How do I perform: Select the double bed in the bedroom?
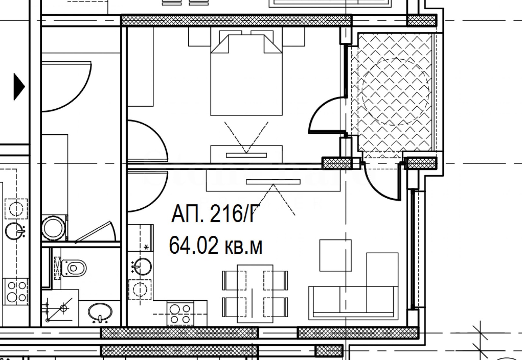point(246,75)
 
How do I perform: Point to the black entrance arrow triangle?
point(19,87)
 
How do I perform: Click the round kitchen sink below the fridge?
point(141,267)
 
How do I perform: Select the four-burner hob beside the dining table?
point(180,313)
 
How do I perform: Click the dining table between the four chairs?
point(255,294)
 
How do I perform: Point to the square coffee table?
point(335,255)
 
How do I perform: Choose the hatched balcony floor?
point(392,93)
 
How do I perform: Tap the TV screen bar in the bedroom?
point(246,155)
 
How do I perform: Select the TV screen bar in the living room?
point(273,182)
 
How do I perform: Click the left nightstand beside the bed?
point(200,37)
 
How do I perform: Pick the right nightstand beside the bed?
point(293,37)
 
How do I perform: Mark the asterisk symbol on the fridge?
point(146,247)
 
